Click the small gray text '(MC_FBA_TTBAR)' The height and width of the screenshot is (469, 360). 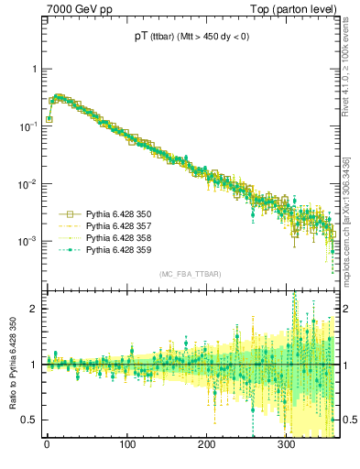pyautogui.click(x=190, y=275)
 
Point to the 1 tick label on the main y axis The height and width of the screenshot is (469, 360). pyautogui.click(x=34, y=70)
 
